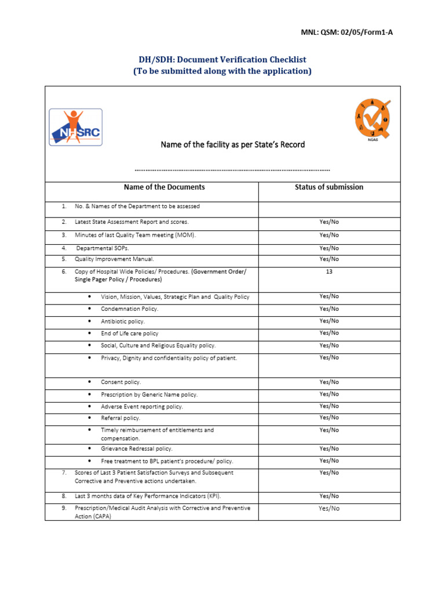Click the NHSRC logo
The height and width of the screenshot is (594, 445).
pos(75,127)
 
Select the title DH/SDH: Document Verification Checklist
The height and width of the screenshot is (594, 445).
pos(222,60)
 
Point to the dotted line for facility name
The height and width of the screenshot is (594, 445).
pos(232,170)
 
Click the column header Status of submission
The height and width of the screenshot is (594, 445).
pos(329,187)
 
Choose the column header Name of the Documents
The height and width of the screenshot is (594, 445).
pos(164,187)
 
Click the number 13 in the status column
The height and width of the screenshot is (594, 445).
pos(329,271)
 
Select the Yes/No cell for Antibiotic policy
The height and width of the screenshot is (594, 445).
pos(329,321)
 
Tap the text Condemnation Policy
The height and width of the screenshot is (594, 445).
pos(129,309)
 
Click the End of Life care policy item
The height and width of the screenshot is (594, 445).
pos(129,334)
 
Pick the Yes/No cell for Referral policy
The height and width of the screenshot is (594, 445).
pos(329,418)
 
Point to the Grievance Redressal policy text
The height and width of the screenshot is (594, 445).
pos(137,448)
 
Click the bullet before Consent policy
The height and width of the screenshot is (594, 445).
pos(89,382)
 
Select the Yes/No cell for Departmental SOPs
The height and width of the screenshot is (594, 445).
pos(329,248)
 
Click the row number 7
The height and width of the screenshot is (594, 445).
pos(64,473)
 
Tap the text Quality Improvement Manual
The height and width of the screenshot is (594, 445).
pos(114,259)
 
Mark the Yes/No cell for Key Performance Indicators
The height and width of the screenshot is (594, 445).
pos(329,496)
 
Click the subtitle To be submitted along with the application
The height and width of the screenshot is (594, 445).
pos(222,71)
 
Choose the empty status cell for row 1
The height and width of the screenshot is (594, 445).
pos(329,209)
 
